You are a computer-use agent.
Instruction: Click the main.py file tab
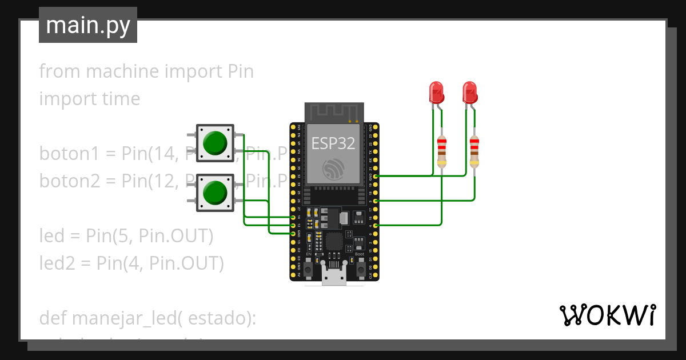[87, 26]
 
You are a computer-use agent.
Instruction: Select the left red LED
[436, 91]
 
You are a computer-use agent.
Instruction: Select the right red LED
[469, 91]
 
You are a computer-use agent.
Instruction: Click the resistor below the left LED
[441, 151]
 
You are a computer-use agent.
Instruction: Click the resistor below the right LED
[474, 151]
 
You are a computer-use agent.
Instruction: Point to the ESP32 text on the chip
[333, 143]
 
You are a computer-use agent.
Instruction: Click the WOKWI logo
[607, 315]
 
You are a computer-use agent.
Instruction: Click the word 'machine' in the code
[121, 71]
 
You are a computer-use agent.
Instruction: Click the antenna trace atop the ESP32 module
[333, 112]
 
